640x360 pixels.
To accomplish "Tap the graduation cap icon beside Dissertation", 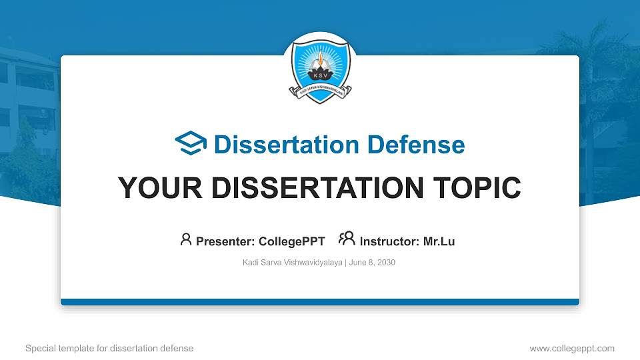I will [191, 144].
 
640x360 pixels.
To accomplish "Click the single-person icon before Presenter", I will [186, 239].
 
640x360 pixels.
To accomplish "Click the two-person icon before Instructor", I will [347, 239].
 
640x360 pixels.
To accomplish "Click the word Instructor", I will [389, 241].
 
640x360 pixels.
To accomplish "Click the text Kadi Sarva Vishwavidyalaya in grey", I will [292, 263].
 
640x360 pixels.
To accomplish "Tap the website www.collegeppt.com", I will [571, 348].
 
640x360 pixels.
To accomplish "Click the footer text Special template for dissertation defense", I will [109, 348].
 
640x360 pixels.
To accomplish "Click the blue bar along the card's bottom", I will [320, 302].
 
